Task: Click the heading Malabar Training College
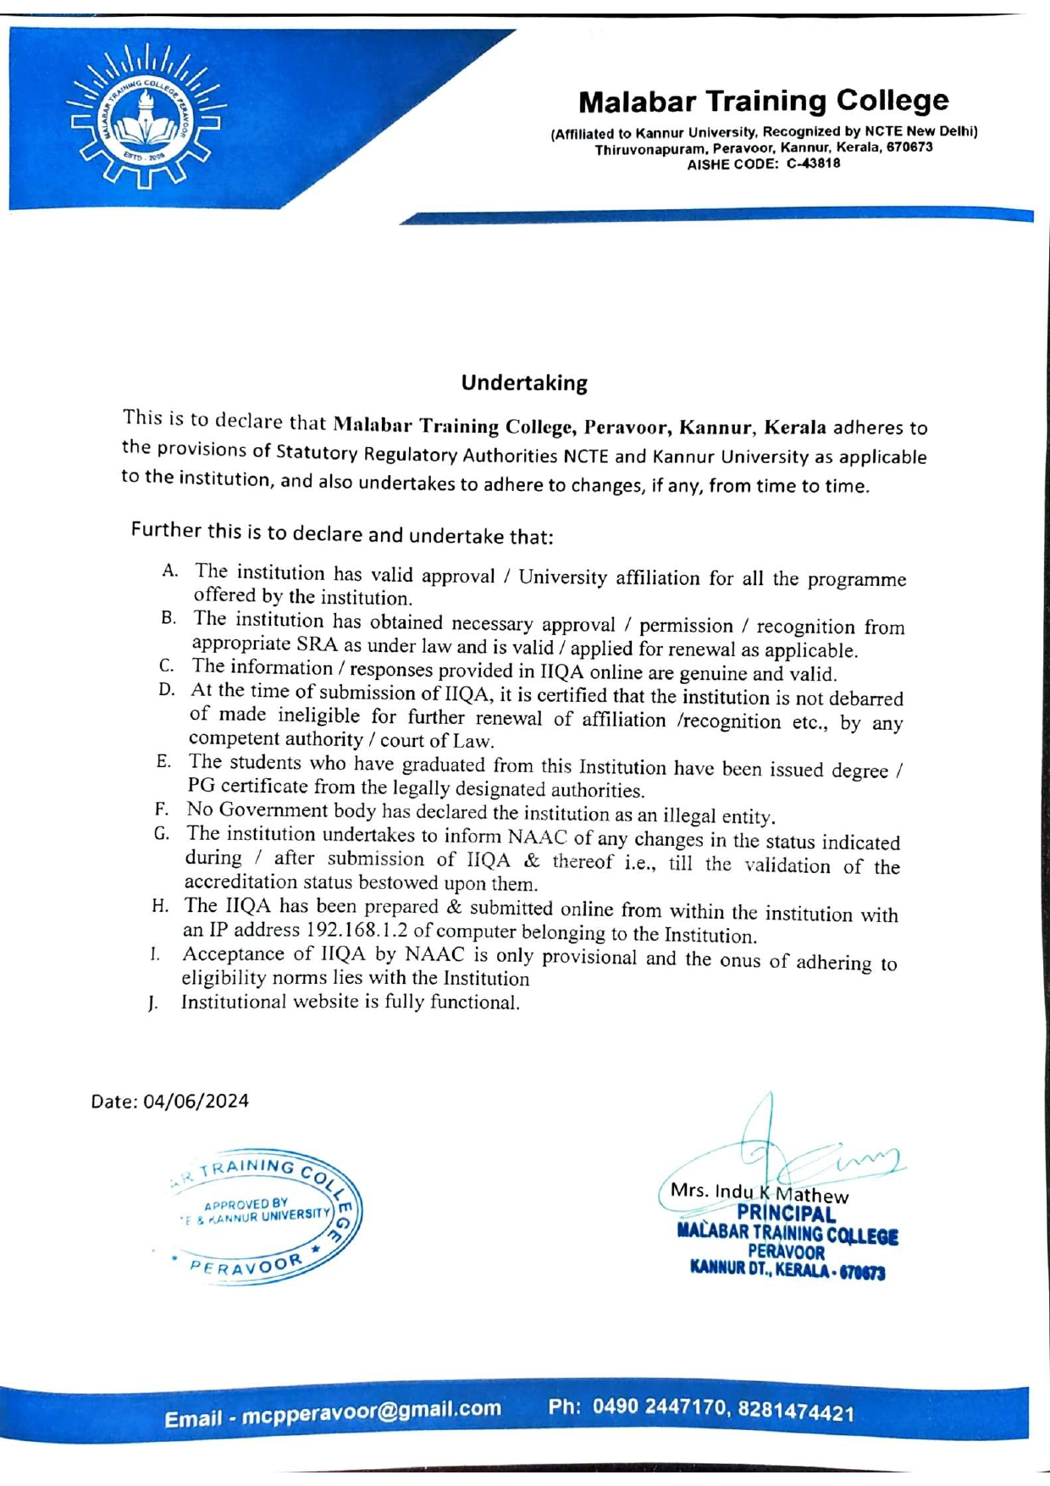763,101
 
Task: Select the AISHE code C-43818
813,164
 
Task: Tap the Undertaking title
524,383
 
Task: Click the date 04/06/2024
196,1101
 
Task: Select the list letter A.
169,571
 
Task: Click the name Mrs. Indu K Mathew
759,1193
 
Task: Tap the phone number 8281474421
795,1411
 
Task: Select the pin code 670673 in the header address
909,147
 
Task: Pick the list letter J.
152,1004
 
